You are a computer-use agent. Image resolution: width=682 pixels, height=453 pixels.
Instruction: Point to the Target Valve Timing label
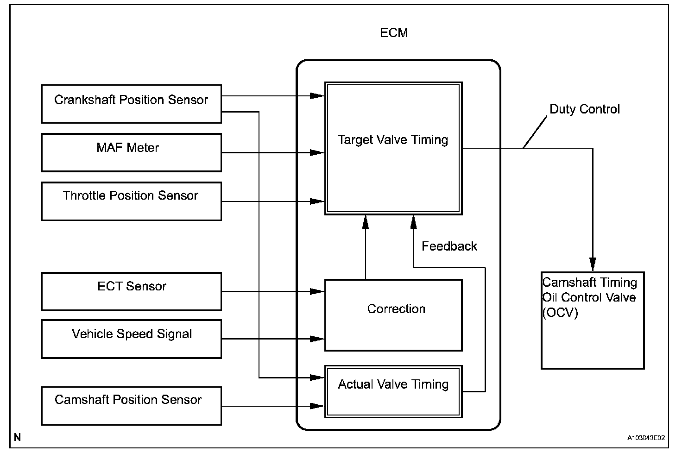coord(393,140)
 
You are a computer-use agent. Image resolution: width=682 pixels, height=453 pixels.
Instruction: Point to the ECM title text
coord(394,32)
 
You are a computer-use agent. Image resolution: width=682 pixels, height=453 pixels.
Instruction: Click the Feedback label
coord(449,246)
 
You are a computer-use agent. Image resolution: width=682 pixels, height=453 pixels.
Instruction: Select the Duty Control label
coord(585,109)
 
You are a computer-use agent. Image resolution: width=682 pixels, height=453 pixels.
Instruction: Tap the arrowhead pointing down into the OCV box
coord(593,264)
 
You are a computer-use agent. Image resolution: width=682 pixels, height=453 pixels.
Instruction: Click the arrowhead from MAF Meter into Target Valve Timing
coord(317,152)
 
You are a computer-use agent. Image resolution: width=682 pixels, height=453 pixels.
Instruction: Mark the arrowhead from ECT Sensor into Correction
coord(317,291)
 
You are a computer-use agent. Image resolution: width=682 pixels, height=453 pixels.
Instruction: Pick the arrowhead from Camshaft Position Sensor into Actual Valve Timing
coord(317,406)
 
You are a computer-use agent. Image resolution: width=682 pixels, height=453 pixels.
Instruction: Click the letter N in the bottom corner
coord(17,437)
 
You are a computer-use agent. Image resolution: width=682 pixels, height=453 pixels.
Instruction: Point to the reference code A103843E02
coord(646,438)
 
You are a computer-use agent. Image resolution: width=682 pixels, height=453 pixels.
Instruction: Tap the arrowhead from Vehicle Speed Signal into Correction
coord(317,339)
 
